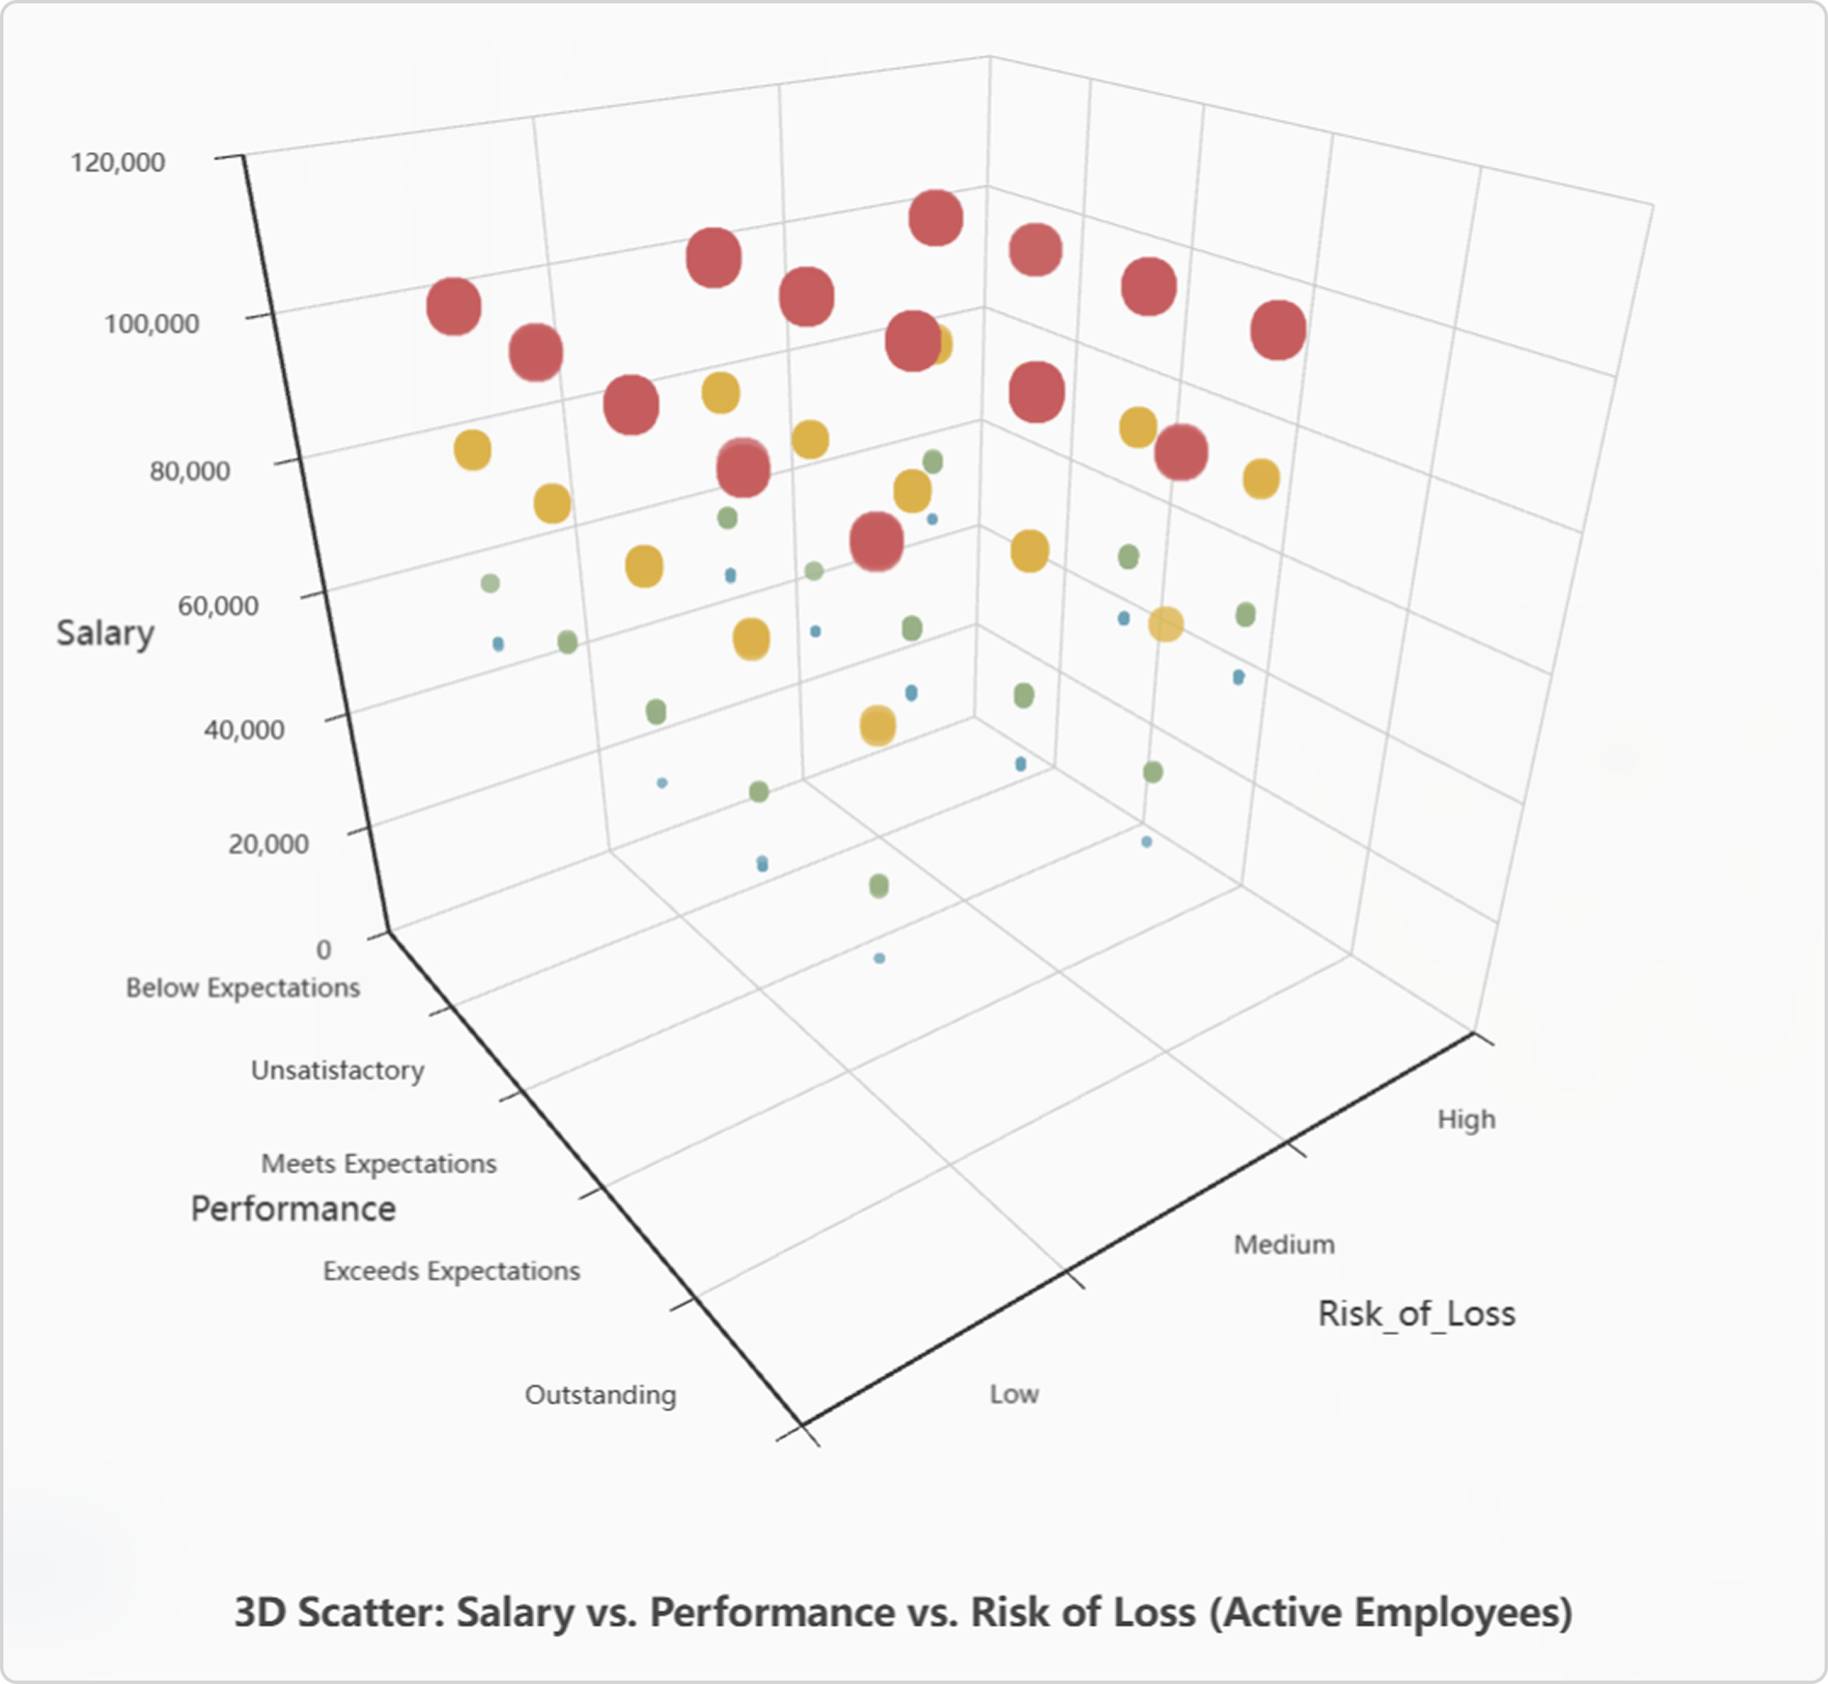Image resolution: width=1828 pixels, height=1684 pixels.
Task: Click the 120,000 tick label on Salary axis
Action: (119, 162)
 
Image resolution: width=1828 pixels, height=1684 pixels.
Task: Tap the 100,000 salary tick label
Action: (151, 323)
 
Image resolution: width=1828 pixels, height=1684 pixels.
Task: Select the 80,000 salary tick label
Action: (189, 471)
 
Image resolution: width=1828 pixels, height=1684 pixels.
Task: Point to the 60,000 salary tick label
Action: (218, 605)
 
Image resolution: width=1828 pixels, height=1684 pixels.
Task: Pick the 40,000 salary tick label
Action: (244, 729)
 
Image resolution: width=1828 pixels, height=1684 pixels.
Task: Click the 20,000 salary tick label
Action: (268, 843)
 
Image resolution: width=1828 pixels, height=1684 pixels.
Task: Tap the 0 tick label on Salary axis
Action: (323, 950)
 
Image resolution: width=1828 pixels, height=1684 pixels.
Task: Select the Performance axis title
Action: (293, 1209)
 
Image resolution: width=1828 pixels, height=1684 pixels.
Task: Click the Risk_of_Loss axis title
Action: (1416, 1313)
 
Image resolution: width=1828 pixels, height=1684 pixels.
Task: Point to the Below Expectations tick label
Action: (243, 988)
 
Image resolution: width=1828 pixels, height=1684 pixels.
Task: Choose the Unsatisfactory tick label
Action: (337, 1069)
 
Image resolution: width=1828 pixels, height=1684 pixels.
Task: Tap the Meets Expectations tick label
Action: (378, 1164)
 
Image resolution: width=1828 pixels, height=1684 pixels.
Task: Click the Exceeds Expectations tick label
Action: (451, 1271)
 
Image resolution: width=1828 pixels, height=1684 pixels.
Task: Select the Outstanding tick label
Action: (600, 1395)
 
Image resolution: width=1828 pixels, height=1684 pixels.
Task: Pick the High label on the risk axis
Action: (1466, 1119)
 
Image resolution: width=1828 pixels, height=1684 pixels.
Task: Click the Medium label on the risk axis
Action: (1284, 1243)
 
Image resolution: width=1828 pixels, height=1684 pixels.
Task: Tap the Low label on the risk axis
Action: (1014, 1394)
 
